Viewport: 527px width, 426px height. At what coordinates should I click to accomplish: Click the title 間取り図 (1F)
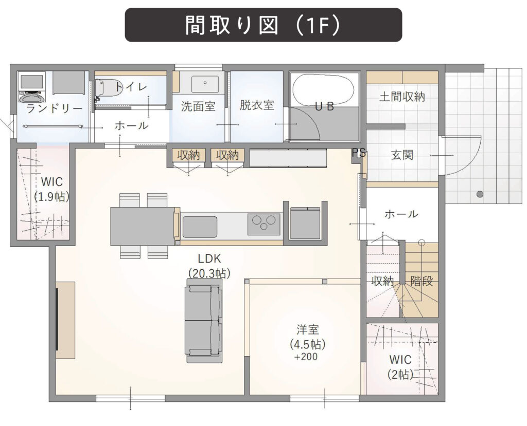tap(263, 25)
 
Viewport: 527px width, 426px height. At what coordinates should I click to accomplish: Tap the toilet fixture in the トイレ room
tap(107, 88)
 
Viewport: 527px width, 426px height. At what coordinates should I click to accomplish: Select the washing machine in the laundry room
tap(32, 87)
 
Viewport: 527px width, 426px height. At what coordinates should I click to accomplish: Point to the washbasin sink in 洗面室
tap(204, 84)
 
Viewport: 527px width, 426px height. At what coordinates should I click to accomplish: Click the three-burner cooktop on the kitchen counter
tap(263, 224)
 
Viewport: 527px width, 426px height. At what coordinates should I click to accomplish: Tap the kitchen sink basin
tap(199, 227)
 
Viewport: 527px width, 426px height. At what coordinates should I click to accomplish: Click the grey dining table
tap(142, 226)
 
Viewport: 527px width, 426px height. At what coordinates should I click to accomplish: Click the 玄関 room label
tap(402, 155)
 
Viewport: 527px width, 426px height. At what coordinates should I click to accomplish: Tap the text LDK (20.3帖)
tap(209, 266)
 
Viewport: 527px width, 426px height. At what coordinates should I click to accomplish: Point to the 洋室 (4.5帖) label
tap(307, 342)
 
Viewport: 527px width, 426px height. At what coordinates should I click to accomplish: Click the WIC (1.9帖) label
tap(52, 189)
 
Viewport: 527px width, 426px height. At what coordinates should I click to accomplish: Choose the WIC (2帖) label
tap(400, 366)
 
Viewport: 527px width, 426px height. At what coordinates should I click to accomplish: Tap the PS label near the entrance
tap(359, 153)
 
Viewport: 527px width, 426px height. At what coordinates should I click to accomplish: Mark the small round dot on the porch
tap(480, 194)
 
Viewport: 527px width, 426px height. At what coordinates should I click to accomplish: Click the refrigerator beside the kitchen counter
tap(305, 223)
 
